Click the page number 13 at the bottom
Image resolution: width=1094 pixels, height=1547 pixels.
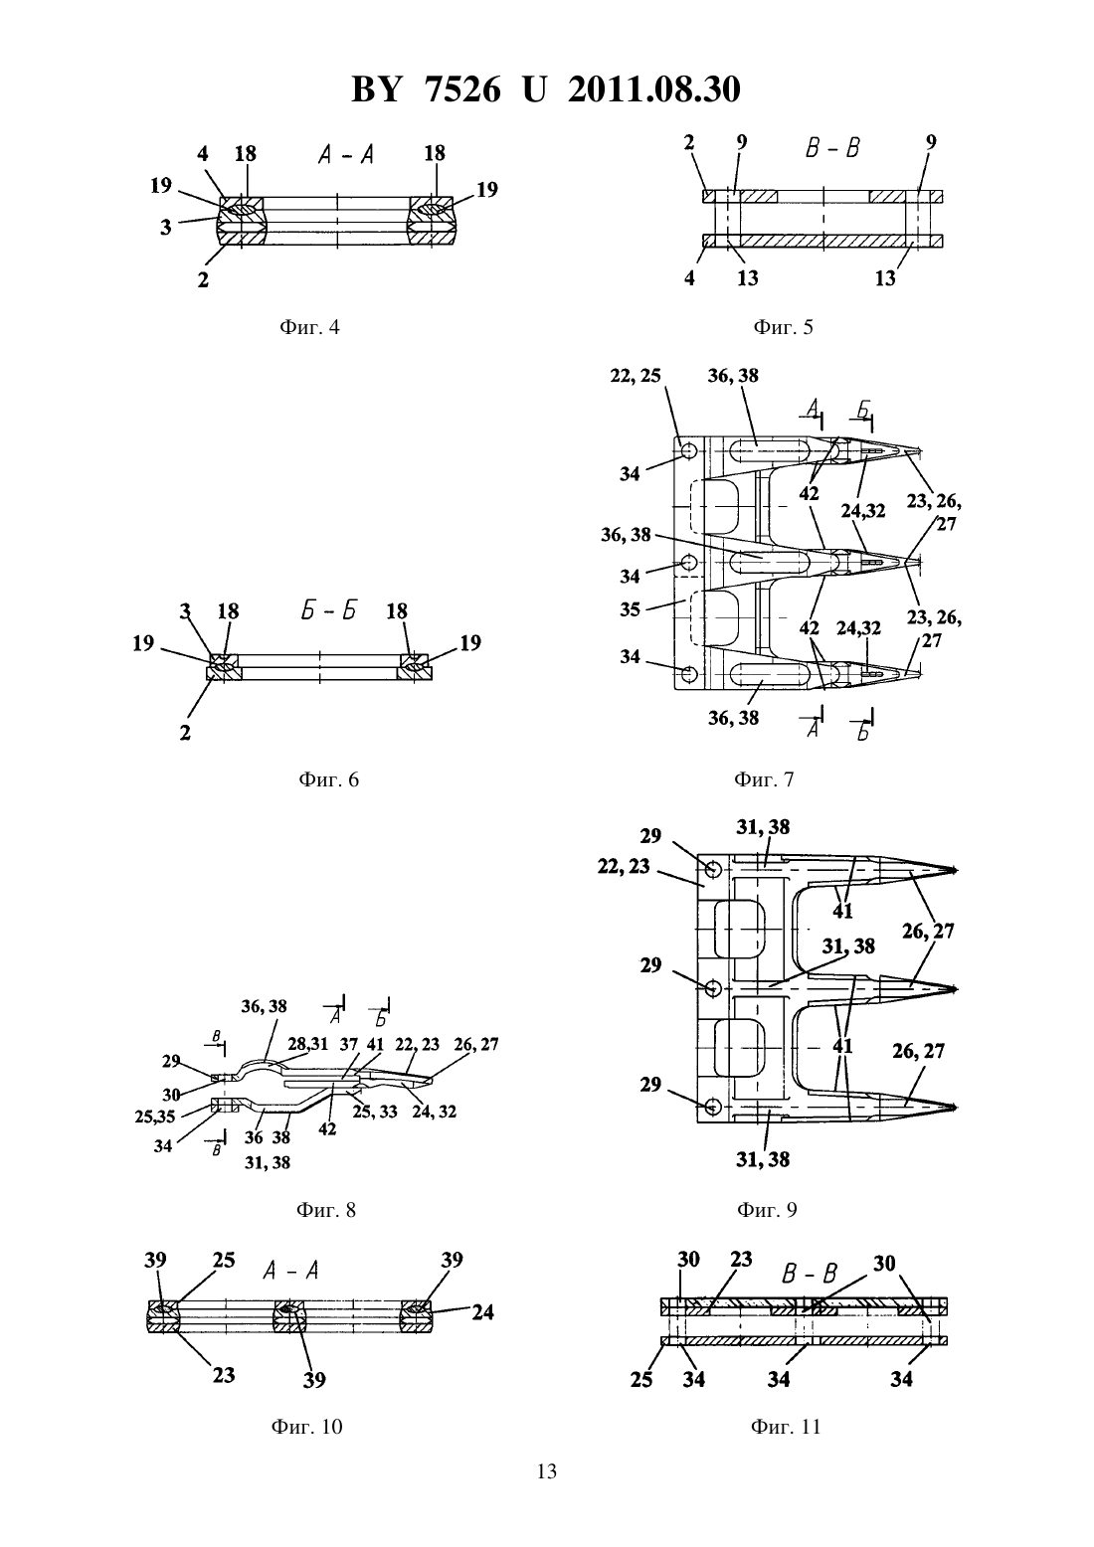pyautogui.click(x=546, y=1471)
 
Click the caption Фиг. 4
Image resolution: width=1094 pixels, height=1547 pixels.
pyautogui.click(x=308, y=327)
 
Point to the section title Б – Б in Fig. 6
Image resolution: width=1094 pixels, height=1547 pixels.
pyautogui.click(x=328, y=610)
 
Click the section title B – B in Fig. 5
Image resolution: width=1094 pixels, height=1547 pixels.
pyautogui.click(x=832, y=148)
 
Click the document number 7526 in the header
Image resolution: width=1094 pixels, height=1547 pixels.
pyautogui.click(x=461, y=89)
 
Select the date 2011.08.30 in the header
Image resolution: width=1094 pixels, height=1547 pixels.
pyautogui.click(x=654, y=89)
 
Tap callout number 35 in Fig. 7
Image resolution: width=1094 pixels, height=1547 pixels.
pyautogui.click(x=630, y=609)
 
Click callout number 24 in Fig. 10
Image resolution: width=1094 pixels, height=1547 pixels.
pyautogui.click(x=482, y=1311)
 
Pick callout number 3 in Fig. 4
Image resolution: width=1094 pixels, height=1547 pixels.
pyautogui.click(x=166, y=228)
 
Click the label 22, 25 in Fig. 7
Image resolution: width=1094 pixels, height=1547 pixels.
pyautogui.click(x=636, y=376)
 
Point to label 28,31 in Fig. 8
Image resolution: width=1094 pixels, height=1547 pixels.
pyautogui.click(x=308, y=1044)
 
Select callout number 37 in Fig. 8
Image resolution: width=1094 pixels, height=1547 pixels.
pyautogui.click(x=349, y=1044)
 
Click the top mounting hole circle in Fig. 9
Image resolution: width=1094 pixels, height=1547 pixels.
pyautogui.click(x=713, y=867)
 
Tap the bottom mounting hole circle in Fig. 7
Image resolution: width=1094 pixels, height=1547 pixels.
pyautogui.click(x=688, y=673)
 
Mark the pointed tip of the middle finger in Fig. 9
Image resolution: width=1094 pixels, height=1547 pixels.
pyautogui.click(x=957, y=989)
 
